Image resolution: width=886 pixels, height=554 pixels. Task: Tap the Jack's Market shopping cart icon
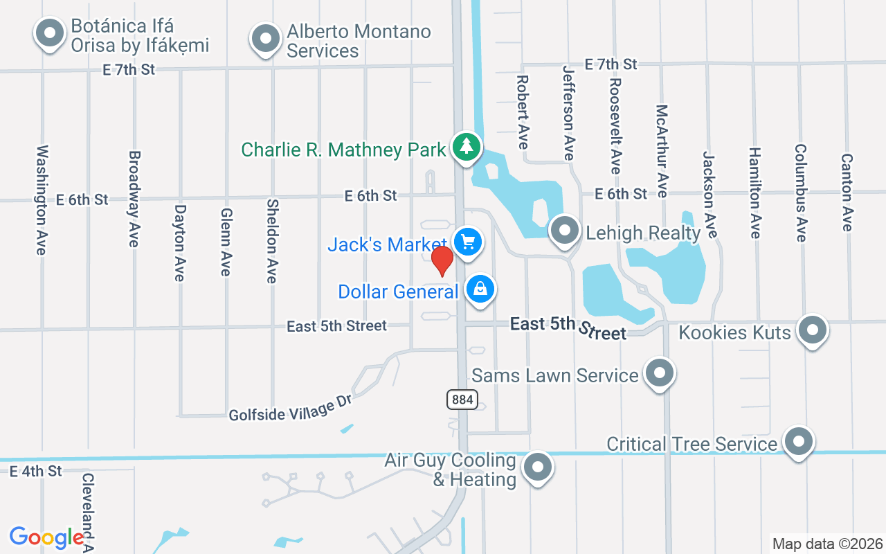coord(468,242)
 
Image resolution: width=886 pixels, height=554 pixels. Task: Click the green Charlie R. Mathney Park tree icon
coord(467,146)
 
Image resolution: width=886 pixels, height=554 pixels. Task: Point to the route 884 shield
coord(461,399)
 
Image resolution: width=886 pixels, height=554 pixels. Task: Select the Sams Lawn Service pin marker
coord(660,373)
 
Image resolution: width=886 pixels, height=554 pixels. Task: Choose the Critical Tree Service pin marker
coord(799,441)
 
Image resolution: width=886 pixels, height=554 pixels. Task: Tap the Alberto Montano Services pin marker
coord(265,39)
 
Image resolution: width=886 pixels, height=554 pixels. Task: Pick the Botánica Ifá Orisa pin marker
coord(49,33)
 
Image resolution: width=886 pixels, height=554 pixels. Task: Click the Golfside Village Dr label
coord(291,408)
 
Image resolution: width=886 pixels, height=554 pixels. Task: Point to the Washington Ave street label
coord(42,199)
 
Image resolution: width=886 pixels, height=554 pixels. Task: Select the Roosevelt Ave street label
coord(615,125)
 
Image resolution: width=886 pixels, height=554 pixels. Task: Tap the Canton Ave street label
coord(847,192)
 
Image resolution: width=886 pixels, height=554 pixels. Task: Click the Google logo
coord(47,537)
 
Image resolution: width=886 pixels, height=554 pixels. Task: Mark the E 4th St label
coord(36,471)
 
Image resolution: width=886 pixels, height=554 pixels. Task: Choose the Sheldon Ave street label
coord(272,241)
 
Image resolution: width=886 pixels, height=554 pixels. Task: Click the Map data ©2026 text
coord(828,544)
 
